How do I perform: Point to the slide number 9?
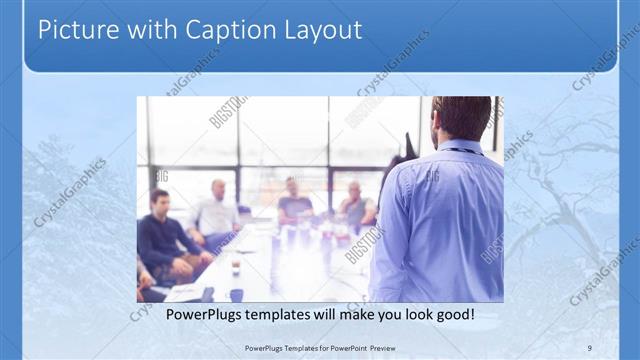(x=590, y=347)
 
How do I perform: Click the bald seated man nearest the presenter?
(x=355, y=205)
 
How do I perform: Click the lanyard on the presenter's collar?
(x=460, y=151)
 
